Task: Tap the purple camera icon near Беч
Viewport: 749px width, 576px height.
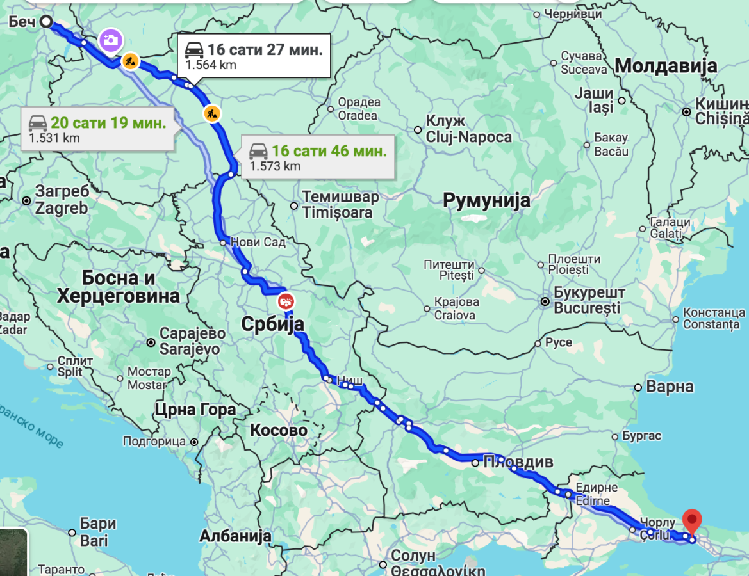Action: point(110,40)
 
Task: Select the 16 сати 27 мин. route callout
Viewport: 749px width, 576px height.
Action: point(254,56)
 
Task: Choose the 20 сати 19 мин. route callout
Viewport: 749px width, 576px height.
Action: point(97,129)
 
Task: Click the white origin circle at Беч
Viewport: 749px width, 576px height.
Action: point(46,22)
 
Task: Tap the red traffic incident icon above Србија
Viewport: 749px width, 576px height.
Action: point(286,300)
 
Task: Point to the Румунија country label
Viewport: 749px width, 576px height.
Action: point(487,200)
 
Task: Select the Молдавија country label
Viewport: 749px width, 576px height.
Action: point(666,65)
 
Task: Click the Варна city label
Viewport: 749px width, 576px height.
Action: point(670,387)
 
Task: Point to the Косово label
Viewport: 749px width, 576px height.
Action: point(279,430)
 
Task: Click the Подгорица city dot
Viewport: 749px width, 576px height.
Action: point(193,442)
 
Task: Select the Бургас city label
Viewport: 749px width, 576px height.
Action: point(641,436)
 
